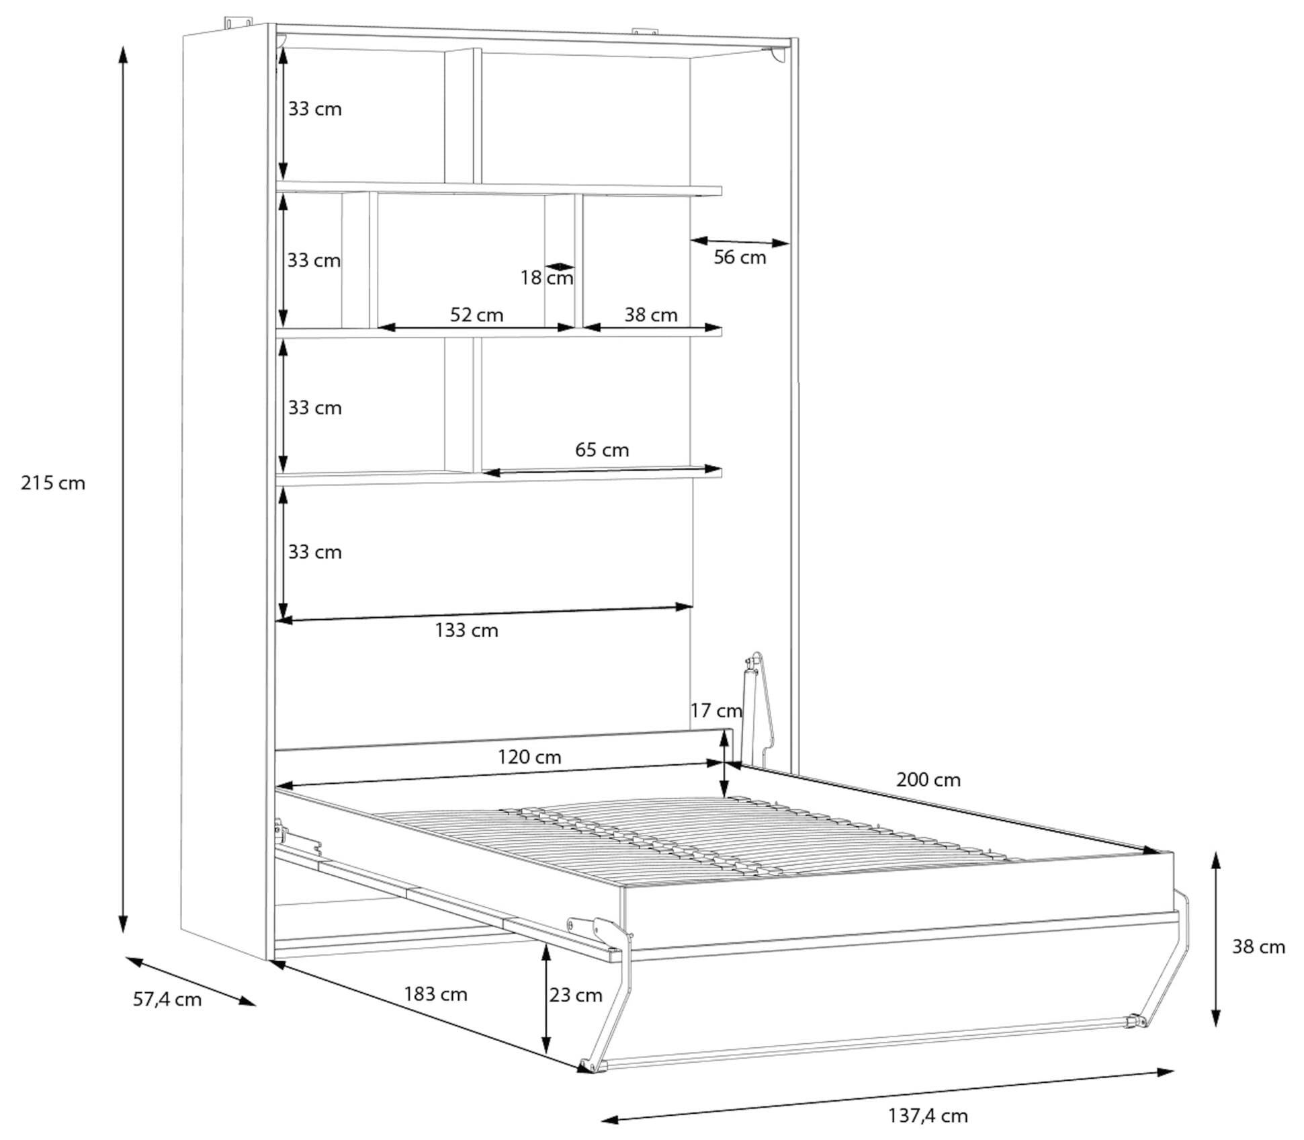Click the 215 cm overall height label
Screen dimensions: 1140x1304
click(53, 483)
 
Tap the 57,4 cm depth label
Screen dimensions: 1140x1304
click(167, 1000)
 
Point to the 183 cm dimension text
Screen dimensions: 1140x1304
click(435, 994)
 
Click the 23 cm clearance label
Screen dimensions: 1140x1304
click(576, 995)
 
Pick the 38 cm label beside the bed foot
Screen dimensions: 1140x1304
click(1258, 947)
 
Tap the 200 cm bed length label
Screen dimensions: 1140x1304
click(928, 780)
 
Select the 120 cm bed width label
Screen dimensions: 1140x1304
click(529, 758)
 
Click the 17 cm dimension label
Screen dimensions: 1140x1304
click(715, 710)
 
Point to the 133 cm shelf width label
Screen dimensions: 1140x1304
click(466, 630)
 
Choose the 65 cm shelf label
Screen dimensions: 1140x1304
click(602, 450)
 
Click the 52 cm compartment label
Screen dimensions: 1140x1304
click(476, 315)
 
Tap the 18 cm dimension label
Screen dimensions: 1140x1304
click(547, 278)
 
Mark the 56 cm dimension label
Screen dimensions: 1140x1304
click(740, 257)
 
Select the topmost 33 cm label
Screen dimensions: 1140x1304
click(314, 110)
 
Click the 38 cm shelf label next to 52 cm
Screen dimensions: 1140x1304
click(650, 315)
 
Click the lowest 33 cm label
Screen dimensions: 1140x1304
click(314, 553)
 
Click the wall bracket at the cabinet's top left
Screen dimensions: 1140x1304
click(238, 24)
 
